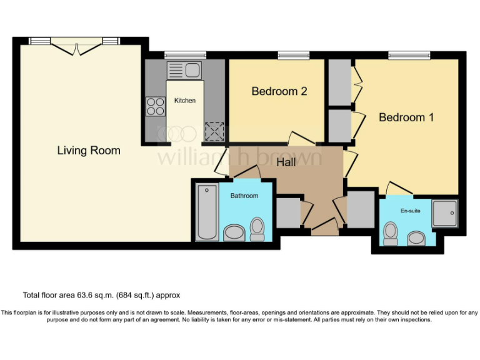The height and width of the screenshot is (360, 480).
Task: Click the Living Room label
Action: click(x=89, y=151)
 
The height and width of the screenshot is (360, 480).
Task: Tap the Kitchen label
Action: click(x=185, y=101)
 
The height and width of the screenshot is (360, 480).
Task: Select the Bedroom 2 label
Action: click(x=279, y=91)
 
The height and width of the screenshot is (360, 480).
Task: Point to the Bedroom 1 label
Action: click(x=406, y=117)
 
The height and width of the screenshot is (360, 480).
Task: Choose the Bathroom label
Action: click(x=244, y=196)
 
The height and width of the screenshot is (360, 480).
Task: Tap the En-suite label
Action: click(x=410, y=211)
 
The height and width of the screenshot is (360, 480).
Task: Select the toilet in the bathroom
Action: click(x=257, y=229)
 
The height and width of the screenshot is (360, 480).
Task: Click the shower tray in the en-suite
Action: click(x=444, y=213)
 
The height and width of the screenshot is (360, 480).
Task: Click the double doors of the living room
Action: click(x=74, y=48)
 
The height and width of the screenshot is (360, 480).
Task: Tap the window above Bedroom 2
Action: click(x=289, y=55)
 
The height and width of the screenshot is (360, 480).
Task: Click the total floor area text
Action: click(x=101, y=295)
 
